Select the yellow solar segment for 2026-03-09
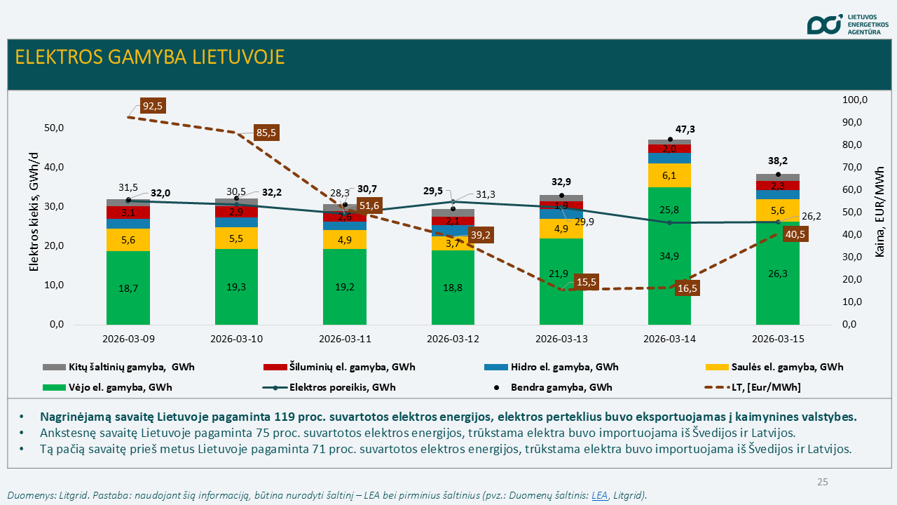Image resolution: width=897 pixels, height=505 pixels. point(128,240)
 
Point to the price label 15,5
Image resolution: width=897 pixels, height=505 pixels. point(586,281)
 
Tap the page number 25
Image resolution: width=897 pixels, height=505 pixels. point(823,482)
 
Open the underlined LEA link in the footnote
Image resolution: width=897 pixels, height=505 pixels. point(599,495)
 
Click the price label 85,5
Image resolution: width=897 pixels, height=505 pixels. point(266,133)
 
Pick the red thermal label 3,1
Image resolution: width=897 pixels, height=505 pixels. point(128,213)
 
